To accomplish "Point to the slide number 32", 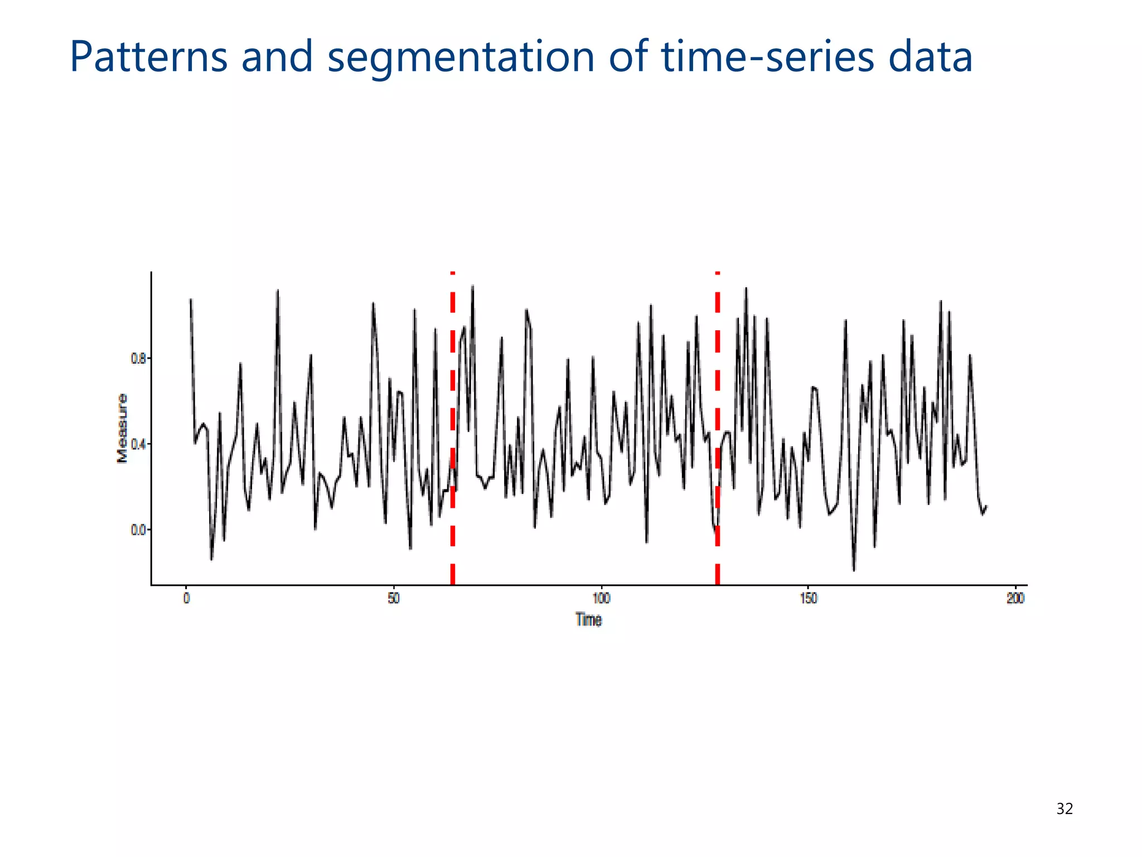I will pos(1064,808).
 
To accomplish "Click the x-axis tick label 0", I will pos(186,599).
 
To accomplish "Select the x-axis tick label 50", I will pos(394,599).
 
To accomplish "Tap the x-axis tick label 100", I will pos(601,599).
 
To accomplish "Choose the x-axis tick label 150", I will pos(809,599).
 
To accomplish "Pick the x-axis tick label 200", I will pos(1015,599).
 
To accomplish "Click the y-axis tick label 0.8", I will pos(138,358).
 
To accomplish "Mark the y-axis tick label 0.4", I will pos(138,445).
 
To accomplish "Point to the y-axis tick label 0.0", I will pos(138,530).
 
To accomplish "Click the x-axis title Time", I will pos(588,620).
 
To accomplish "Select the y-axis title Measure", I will pos(122,428).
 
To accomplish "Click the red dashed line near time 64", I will pos(453,424).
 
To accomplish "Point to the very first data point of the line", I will pos(191,300).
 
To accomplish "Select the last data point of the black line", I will pos(986,506).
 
